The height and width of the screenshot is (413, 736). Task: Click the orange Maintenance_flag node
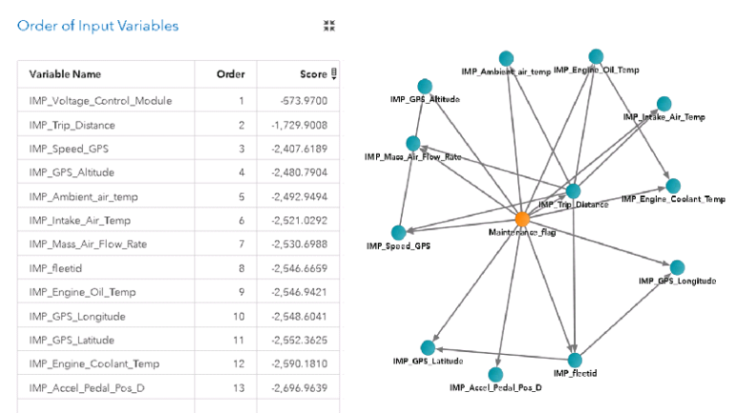pyautogui.click(x=523, y=219)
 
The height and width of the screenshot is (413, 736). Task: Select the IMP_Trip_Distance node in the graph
pyautogui.click(x=572, y=191)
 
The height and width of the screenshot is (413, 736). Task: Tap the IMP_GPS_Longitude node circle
pyautogui.click(x=678, y=267)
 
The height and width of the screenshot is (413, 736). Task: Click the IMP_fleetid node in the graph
pyautogui.click(x=575, y=360)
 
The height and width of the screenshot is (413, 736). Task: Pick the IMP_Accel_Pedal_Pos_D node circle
pyautogui.click(x=495, y=375)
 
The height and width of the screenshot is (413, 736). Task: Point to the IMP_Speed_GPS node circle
pyautogui.click(x=398, y=232)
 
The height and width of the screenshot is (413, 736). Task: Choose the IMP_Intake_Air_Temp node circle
pyautogui.click(x=664, y=104)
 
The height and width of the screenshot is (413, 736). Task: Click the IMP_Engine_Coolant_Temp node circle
pyautogui.click(x=673, y=186)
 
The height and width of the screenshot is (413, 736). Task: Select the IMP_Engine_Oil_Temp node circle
pyautogui.click(x=596, y=57)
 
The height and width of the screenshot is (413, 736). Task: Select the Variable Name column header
pyautogui.click(x=72, y=74)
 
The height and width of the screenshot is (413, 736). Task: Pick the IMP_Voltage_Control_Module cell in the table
pyautogui.click(x=101, y=100)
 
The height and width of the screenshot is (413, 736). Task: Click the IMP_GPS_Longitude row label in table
pyautogui.click(x=77, y=316)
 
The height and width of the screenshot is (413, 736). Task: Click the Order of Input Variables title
pyautogui.click(x=98, y=27)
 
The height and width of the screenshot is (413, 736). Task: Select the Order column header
pyautogui.click(x=230, y=74)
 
